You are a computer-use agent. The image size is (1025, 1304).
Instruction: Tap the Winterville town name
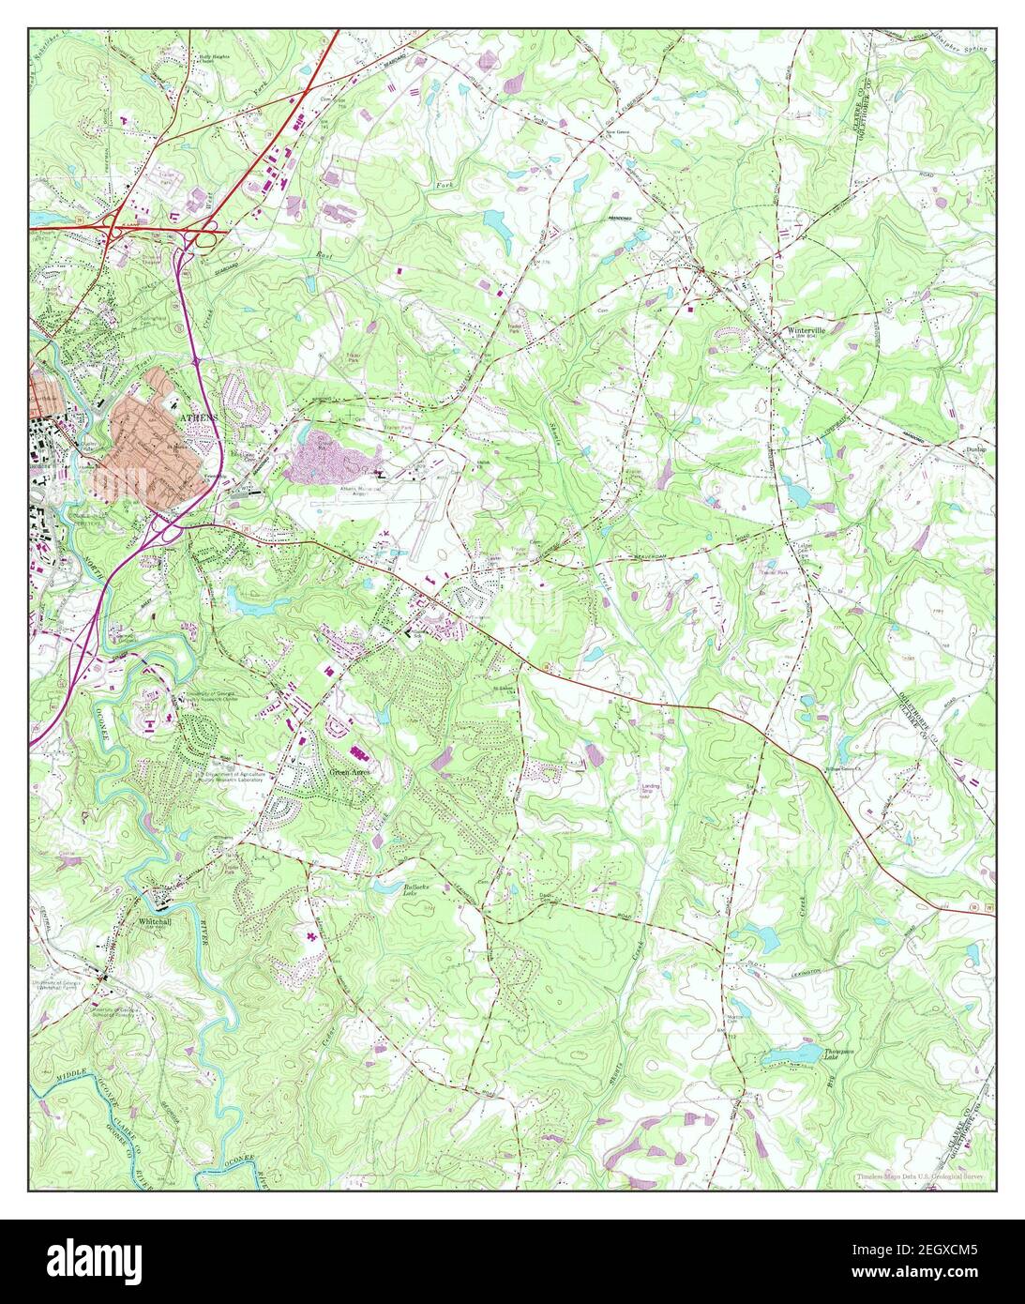coord(806,331)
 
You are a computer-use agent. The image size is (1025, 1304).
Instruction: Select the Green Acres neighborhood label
coord(350,772)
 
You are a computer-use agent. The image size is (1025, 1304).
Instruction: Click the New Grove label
coord(614,132)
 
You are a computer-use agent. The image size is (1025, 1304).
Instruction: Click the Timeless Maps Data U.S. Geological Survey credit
coord(919,1177)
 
